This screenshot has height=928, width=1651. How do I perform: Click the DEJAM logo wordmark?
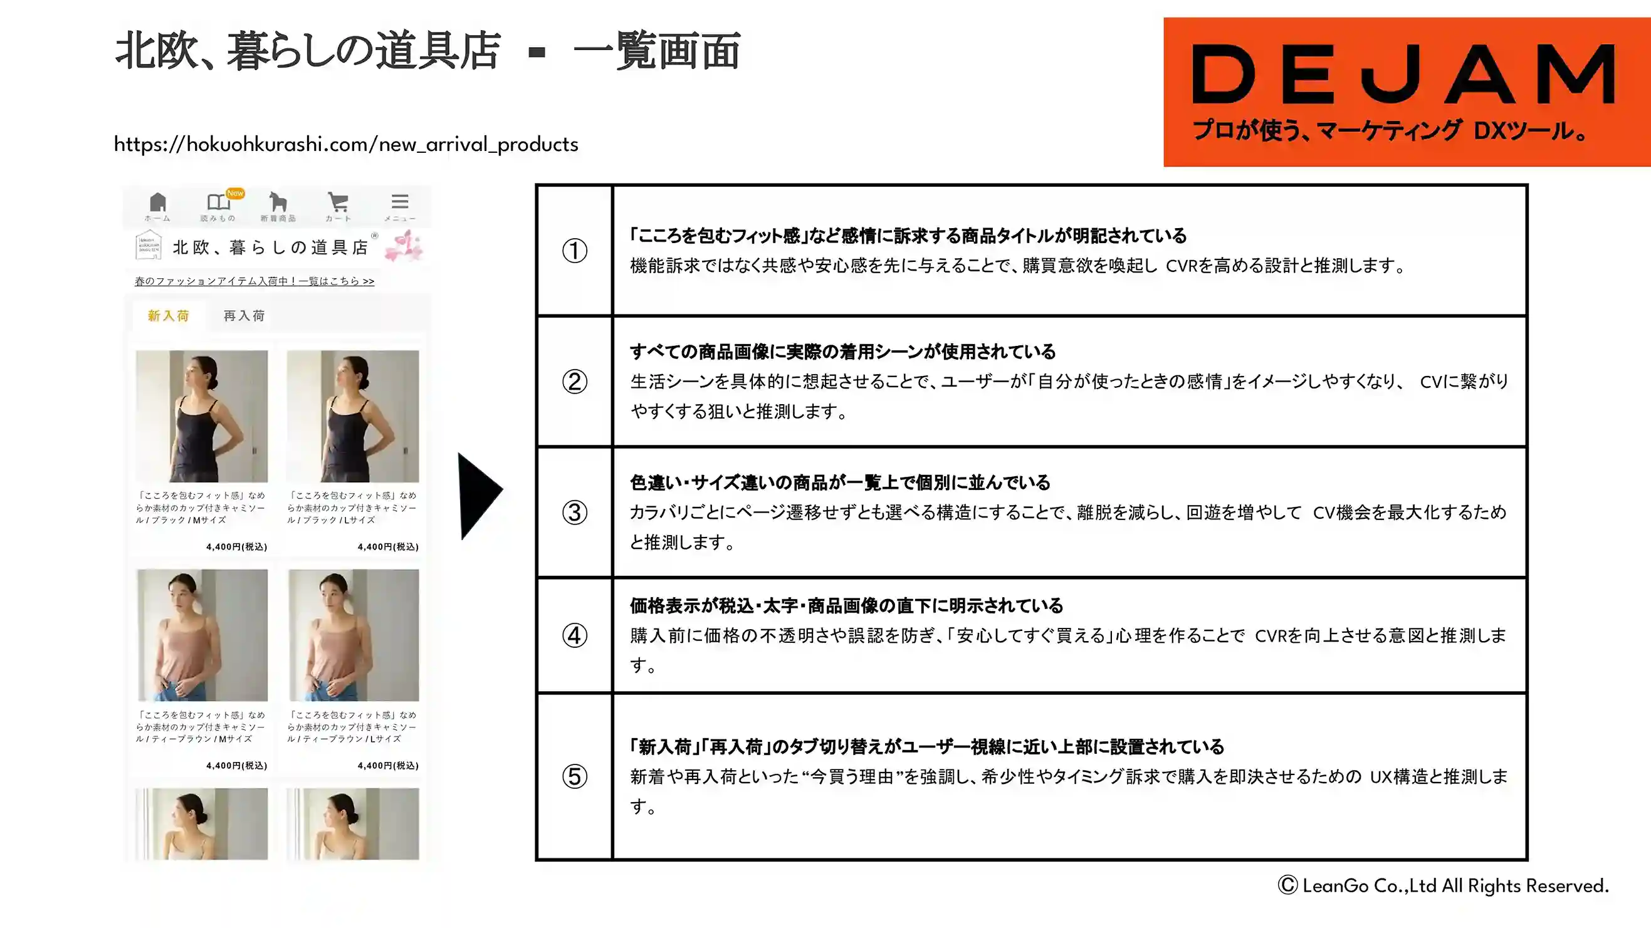pos(1403,74)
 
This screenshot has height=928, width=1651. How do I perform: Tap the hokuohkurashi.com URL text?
pos(346,144)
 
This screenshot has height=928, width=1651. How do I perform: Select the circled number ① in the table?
pos(575,251)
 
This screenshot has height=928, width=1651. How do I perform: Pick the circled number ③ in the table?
pos(575,512)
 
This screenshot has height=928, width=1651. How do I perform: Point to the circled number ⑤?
pos(575,776)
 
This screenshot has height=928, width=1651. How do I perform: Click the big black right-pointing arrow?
pos(480,496)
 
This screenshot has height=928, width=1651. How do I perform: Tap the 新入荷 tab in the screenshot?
pos(169,315)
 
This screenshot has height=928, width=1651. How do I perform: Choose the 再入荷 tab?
pos(244,315)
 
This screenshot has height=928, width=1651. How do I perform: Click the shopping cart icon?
pos(338,202)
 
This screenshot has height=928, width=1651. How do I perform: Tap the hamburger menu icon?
pos(400,201)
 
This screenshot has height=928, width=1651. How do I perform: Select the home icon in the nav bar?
pos(158,202)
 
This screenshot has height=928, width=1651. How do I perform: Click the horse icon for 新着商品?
pos(278,201)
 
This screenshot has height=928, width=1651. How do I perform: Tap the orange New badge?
pos(235,193)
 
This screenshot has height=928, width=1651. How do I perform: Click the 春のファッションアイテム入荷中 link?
pos(254,281)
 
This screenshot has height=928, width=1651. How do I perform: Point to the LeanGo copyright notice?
pos(1444,885)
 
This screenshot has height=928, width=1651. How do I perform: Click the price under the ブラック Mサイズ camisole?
pos(236,546)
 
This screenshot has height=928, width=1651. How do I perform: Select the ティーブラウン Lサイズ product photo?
pos(354,635)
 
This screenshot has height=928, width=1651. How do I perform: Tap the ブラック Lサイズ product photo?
pos(353,416)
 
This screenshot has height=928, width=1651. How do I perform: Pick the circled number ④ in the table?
pos(575,635)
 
